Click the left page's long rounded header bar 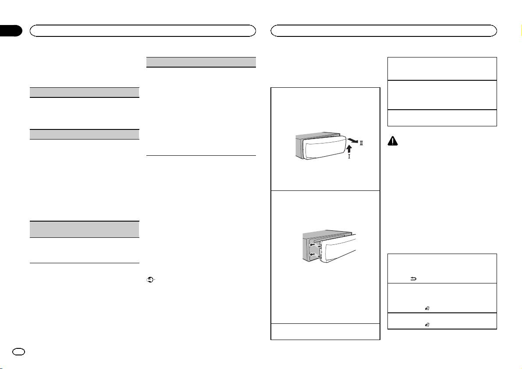(x=142, y=30)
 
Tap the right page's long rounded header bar (x=384, y=30)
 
